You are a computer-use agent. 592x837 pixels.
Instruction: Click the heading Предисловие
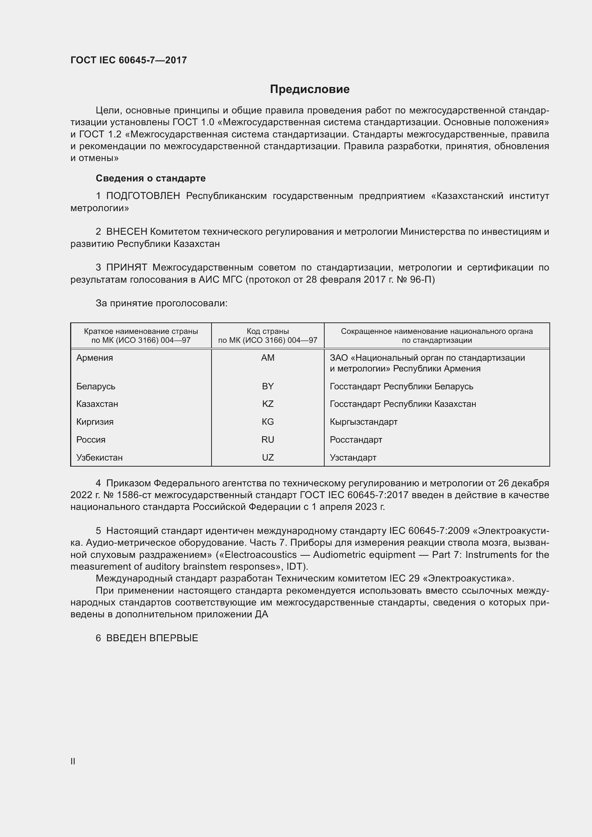click(x=310, y=89)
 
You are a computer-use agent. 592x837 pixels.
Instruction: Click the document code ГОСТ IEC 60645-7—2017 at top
click(x=128, y=60)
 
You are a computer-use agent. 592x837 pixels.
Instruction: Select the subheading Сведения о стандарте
click(x=151, y=178)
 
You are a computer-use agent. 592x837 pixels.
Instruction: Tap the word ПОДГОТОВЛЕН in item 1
click(x=143, y=196)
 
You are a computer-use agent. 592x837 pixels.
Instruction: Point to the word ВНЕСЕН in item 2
click(x=126, y=232)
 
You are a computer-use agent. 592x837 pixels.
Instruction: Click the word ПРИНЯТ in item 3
click(x=126, y=268)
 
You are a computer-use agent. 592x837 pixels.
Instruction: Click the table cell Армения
click(x=95, y=358)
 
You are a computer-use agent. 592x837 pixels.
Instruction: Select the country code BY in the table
click(x=268, y=386)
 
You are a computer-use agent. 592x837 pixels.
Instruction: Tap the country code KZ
click(x=268, y=404)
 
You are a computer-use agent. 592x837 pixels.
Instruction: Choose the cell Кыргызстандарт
click(x=363, y=422)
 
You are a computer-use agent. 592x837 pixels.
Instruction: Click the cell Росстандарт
click(x=356, y=440)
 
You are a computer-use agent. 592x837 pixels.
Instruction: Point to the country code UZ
click(x=268, y=458)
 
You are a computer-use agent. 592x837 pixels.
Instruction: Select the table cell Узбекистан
click(x=100, y=458)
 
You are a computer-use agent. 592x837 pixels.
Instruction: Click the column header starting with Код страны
click(x=268, y=336)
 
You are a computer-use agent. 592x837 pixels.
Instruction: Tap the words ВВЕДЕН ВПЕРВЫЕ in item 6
click(x=152, y=638)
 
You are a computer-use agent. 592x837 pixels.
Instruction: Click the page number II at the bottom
click(x=73, y=761)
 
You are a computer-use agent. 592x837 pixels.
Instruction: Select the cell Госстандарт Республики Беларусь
click(x=401, y=386)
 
